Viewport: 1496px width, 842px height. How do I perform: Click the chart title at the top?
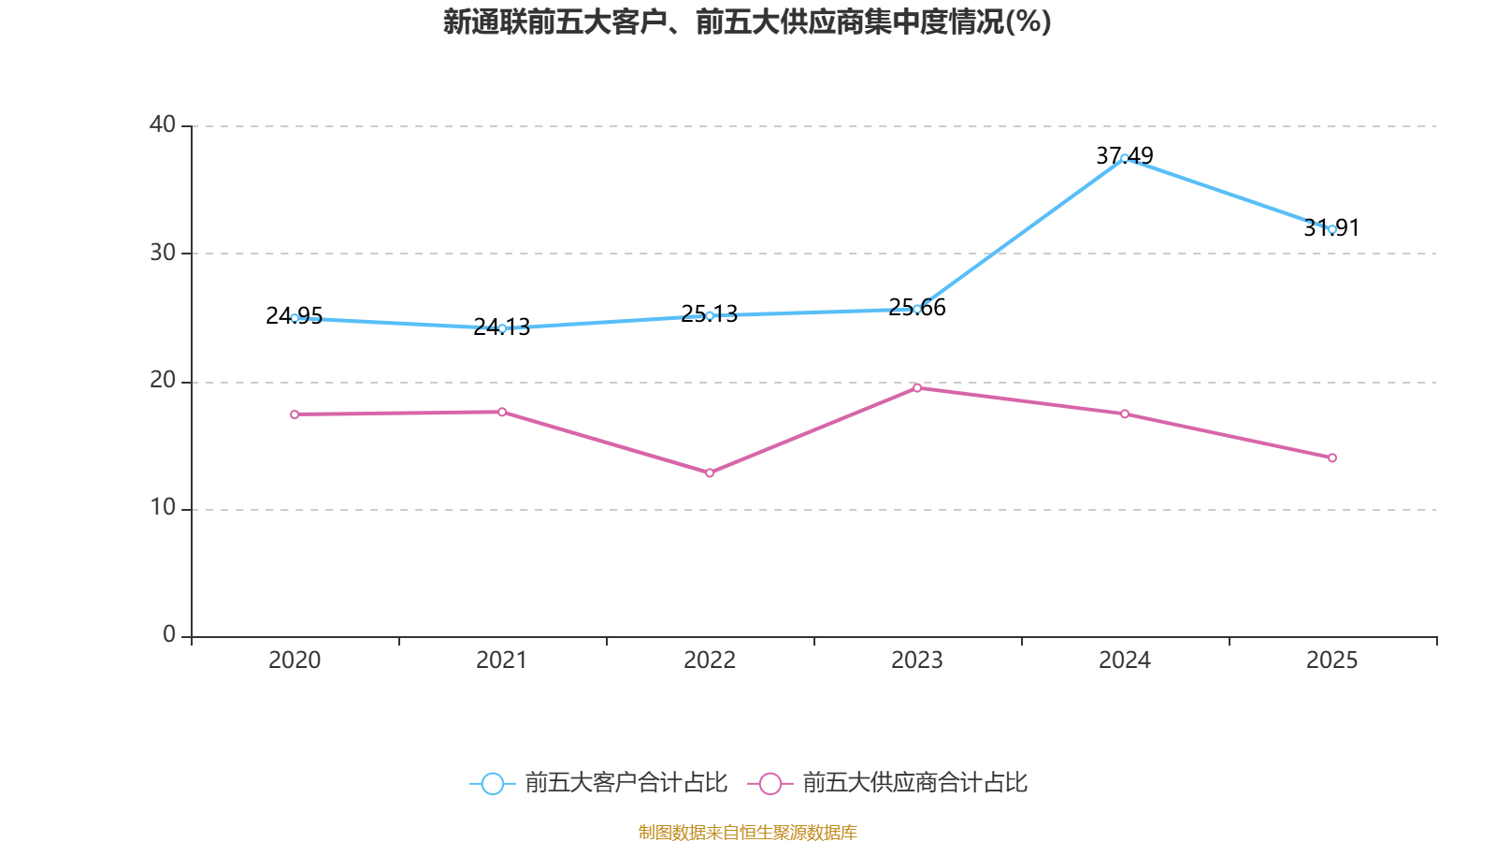click(747, 22)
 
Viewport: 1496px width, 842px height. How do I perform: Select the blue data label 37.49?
click(1125, 155)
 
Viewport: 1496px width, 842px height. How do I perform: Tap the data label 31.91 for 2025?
click(1331, 228)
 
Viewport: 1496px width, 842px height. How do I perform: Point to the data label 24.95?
click(294, 315)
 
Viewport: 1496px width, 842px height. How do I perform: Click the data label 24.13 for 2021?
click(501, 327)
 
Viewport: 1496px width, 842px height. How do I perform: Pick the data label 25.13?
click(710, 313)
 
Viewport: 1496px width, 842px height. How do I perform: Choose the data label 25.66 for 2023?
click(917, 308)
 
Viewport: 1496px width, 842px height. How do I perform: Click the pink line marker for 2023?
click(917, 388)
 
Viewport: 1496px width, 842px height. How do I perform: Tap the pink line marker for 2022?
click(710, 473)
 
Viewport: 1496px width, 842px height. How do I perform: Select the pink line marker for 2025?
click(1332, 457)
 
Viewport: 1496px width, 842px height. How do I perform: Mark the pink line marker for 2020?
click(295, 415)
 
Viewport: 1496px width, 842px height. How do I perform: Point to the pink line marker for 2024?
click(1125, 414)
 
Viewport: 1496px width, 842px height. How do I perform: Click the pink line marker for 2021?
click(502, 413)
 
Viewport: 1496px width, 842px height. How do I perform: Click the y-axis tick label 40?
click(163, 124)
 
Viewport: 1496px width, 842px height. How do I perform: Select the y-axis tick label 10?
click(163, 508)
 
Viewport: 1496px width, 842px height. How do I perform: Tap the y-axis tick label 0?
click(169, 634)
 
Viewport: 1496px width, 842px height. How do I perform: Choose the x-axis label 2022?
click(710, 661)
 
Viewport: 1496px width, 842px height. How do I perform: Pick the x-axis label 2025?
click(1331, 661)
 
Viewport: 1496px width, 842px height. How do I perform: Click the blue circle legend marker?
click(493, 783)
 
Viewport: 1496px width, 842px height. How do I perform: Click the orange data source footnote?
click(747, 832)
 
